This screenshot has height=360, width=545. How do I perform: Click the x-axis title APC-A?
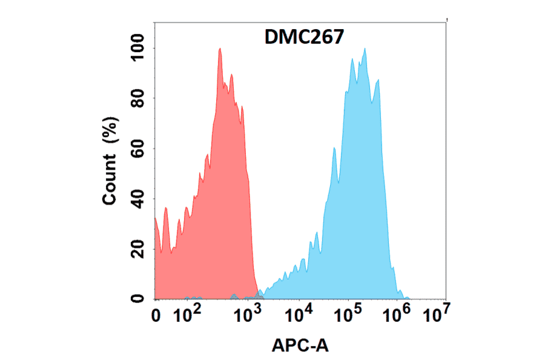tap(300, 345)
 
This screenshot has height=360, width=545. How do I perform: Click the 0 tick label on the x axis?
tap(156, 315)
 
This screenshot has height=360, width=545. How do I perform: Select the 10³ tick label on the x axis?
tap(247, 315)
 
